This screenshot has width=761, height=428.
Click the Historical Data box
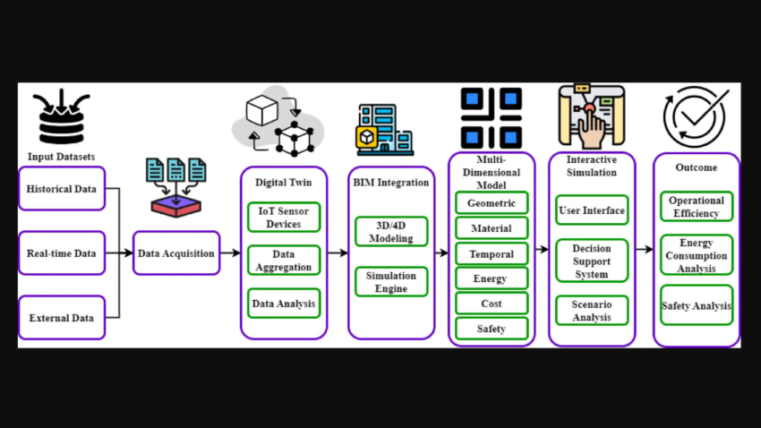pos(62,189)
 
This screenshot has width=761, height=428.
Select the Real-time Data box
pos(62,253)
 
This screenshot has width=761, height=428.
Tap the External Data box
pos(62,317)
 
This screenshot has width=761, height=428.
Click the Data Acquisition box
pos(176,253)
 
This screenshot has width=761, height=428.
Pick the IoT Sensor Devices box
pos(284,218)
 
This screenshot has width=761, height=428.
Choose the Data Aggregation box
pos(284,261)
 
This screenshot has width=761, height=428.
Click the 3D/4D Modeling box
pos(391,232)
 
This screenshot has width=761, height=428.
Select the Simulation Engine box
pos(391,282)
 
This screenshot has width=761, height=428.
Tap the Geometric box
pos(492,203)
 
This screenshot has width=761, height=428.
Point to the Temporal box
pos(492,254)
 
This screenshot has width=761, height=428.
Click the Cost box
pos(492,304)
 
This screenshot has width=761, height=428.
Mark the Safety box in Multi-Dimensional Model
pos(492,329)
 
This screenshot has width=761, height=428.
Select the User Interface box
pos(592,210)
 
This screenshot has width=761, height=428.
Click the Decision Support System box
pos(592,261)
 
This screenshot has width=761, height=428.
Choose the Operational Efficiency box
pos(697,207)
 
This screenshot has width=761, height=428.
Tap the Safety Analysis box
pos(697,305)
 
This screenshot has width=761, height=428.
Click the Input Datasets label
pos(61,157)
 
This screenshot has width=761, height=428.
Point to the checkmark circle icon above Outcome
pos(694,117)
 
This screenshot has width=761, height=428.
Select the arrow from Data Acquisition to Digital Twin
pos(230,253)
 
